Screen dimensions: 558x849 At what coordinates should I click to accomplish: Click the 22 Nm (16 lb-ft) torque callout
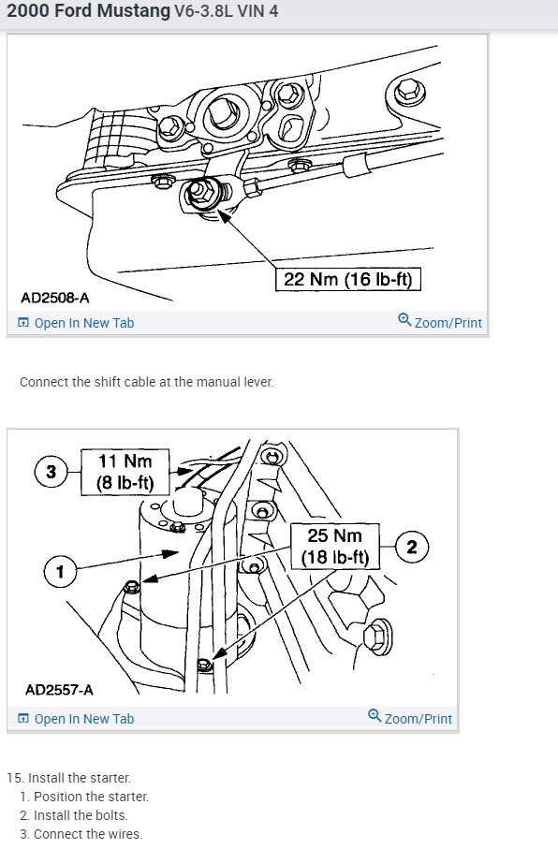(347, 279)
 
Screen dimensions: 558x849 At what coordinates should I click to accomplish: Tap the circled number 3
(51, 472)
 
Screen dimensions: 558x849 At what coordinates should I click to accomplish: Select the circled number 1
(60, 571)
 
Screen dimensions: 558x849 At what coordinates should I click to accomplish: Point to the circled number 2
(412, 547)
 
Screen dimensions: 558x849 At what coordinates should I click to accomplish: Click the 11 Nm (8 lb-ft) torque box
(125, 472)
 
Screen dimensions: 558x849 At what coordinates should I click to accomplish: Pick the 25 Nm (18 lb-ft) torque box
(335, 547)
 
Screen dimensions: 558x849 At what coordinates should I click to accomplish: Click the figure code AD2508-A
(54, 298)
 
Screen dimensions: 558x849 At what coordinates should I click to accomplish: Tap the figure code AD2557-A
(59, 690)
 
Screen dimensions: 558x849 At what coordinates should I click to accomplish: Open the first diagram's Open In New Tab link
(76, 323)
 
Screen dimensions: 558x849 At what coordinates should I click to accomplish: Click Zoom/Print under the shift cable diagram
(448, 323)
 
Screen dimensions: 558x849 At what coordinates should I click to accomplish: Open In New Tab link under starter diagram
(76, 719)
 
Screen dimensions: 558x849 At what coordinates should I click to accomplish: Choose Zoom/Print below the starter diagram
(418, 719)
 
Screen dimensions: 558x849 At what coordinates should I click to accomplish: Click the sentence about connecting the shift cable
(146, 382)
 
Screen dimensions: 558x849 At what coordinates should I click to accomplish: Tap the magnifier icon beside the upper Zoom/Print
(404, 319)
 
